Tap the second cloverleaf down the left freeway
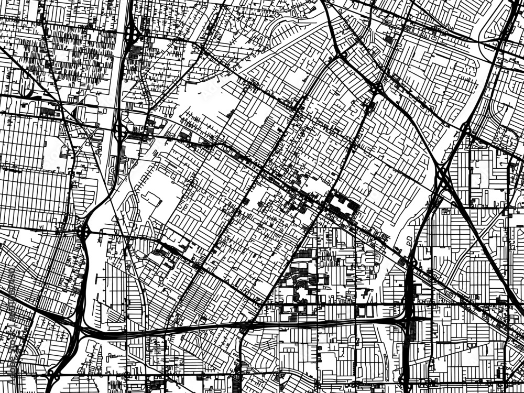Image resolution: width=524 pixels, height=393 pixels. tap(120, 131)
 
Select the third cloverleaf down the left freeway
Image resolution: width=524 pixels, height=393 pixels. tap(83, 231)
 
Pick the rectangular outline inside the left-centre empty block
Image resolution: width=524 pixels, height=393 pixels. tap(152, 199)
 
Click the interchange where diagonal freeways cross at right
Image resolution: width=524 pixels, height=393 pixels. tap(443, 178)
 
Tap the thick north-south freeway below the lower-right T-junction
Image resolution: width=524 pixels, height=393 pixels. tap(408, 356)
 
